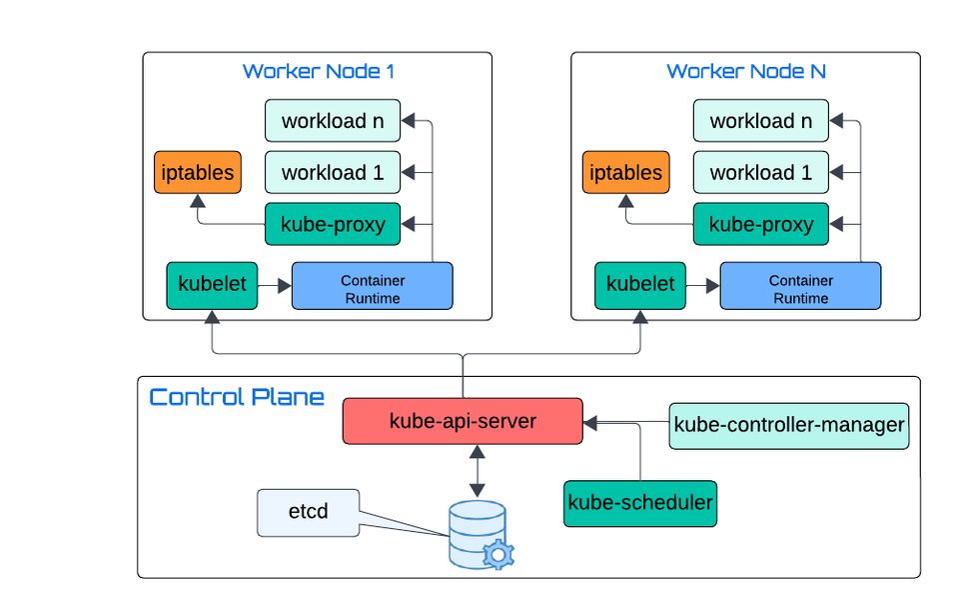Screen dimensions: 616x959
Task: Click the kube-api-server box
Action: [463, 421]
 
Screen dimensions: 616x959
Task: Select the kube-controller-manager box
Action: [789, 425]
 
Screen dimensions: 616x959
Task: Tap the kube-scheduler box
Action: [640, 502]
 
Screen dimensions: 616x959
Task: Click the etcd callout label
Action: [308, 512]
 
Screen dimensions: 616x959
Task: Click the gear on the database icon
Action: [496, 554]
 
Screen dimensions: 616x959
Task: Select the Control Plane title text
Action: [237, 397]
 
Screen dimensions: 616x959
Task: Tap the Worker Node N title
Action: [746, 71]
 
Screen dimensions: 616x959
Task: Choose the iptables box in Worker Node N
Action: [626, 172]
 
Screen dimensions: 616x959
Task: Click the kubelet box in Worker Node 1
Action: [211, 285]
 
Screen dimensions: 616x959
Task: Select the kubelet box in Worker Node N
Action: [639, 285]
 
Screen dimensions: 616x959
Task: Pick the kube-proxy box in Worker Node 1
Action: [333, 224]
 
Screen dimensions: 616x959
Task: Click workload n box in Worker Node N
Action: [760, 121]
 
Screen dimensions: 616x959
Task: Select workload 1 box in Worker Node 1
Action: [333, 172]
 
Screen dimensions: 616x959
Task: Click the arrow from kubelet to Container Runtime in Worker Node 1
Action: [274, 286]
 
